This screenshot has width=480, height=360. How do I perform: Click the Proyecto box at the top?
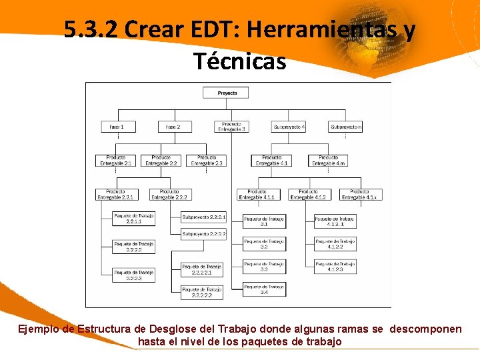point(227,93)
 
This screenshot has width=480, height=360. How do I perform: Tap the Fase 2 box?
point(173,126)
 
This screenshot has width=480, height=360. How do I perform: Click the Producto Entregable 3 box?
point(231,126)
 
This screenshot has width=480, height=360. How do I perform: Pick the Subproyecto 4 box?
point(289,126)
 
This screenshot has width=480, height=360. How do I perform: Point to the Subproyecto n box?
point(345,126)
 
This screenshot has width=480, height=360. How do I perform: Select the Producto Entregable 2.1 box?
point(115,161)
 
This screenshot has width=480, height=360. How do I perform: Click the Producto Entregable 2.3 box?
point(206,161)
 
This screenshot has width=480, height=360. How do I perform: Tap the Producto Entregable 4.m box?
point(328,161)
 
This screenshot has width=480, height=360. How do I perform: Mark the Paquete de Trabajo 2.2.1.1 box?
point(134,218)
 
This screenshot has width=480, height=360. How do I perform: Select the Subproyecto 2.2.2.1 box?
point(204,217)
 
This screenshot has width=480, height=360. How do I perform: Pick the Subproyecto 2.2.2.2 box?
point(204,233)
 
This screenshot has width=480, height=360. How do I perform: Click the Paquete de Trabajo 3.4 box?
point(264,289)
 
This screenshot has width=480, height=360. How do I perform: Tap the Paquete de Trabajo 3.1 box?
point(264,221)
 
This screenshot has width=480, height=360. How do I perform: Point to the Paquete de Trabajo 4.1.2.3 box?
point(335,267)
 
